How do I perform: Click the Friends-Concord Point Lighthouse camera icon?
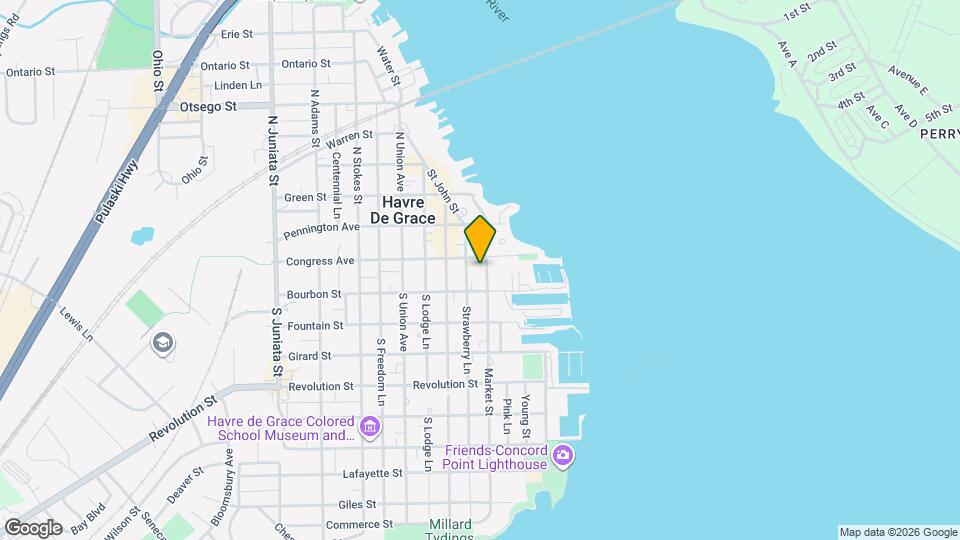point(563,457)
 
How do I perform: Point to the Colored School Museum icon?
point(370,428)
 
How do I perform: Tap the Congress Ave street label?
point(320,261)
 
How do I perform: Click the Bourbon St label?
point(314,294)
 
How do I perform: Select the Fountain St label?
point(315,326)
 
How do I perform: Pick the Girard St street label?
point(309,356)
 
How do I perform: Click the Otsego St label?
point(208,106)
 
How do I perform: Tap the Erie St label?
point(236,34)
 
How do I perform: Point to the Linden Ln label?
point(237,85)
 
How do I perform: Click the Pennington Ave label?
point(321,228)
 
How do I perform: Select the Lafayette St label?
point(372,473)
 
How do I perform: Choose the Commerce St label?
point(359,525)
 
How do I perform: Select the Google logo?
point(33,527)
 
